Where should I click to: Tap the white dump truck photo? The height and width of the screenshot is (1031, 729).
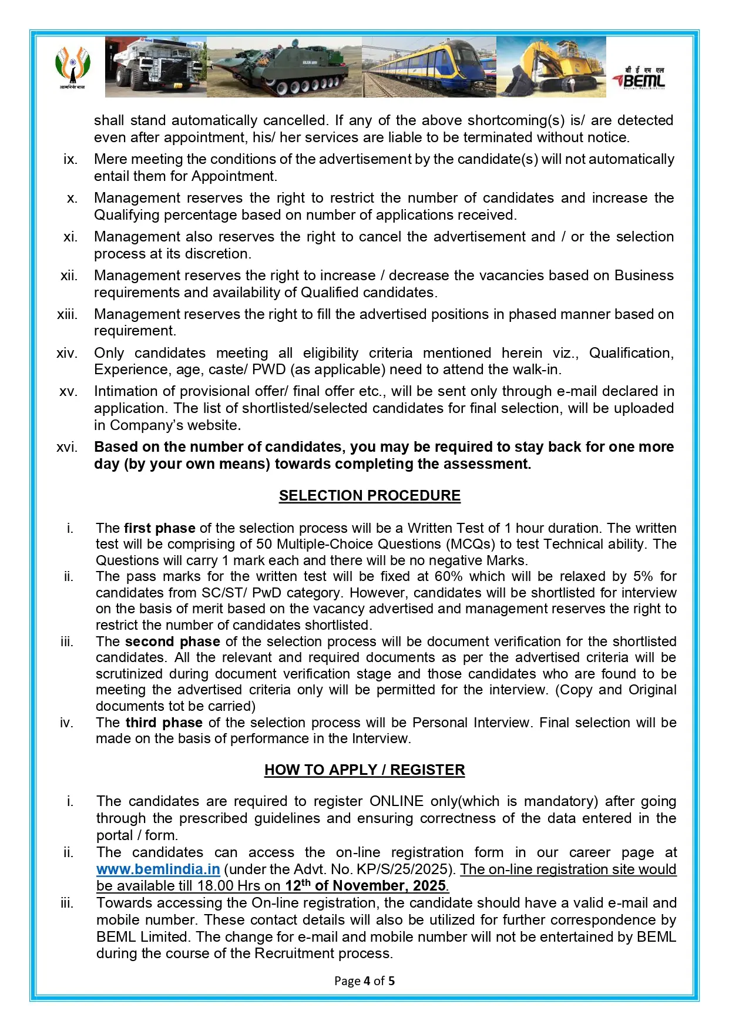click(x=156, y=67)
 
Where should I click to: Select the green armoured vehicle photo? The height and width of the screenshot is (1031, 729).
click(x=284, y=67)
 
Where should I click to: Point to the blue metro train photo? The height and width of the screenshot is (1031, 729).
click(x=429, y=67)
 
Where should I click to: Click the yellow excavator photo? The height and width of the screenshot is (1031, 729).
click(x=551, y=67)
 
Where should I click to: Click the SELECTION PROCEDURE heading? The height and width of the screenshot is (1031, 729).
click(x=369, y=495)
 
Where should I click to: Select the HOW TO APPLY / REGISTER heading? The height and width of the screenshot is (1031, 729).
click(x=364, y=770)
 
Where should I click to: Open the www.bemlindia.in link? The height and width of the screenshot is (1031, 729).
click(x=158, y=869)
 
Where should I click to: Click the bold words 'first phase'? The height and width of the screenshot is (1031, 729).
click(x=159, y=528)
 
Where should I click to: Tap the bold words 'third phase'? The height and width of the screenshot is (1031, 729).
click(x=164, y=723)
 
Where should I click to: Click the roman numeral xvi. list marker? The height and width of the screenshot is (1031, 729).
click(x=66, y=447)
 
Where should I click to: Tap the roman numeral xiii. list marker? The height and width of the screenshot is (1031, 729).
click(x=66, y=314)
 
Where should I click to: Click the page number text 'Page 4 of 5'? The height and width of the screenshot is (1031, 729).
click(x=364, y=980)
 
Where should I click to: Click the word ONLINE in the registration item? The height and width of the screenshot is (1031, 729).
click(x=396, y=801)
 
